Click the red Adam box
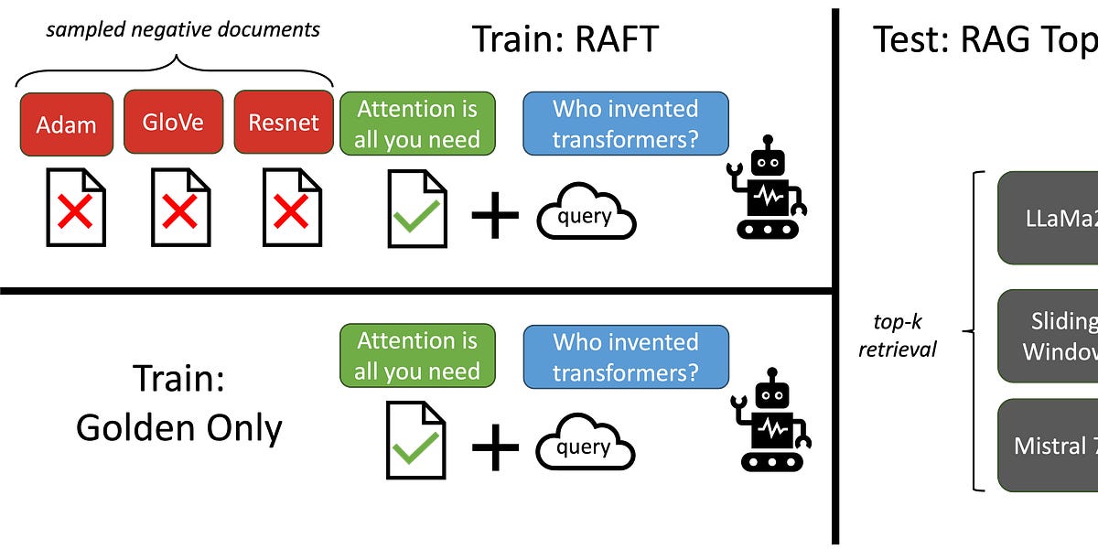(x=66, y=124)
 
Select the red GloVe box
(x=173, y=122)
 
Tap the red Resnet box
(x=284, y=122)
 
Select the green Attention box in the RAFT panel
(x=417, y=124)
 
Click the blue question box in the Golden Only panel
(x=626, y=357)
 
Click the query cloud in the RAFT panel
(x=586, y=213)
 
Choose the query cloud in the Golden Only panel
(x=586, y=445)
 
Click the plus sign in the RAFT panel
(x=494, y=215)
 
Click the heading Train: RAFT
(x=565, y=39)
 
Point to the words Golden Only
(x=178, y=427)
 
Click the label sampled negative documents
(x=184, y=29)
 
